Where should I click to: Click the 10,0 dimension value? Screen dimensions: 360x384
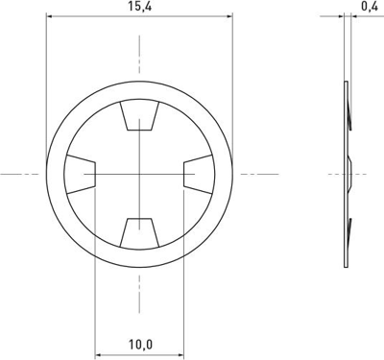point(139,343)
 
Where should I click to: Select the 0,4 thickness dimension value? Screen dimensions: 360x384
point(369,7)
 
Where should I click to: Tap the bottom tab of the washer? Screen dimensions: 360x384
point(139,230)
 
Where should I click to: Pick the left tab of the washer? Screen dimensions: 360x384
point(82,174)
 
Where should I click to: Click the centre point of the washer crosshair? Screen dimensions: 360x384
point(139,174)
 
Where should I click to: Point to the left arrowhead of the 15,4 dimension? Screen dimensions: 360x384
point(50,16)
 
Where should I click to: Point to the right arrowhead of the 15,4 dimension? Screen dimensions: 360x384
point(228,16)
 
